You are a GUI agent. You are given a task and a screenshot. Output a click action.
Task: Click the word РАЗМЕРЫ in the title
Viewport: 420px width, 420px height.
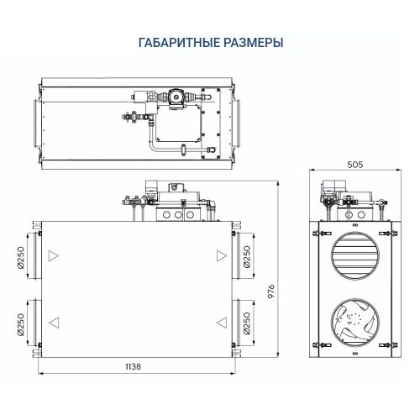coord(248,41)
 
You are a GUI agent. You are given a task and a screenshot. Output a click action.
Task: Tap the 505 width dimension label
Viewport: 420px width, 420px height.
coord(354,165)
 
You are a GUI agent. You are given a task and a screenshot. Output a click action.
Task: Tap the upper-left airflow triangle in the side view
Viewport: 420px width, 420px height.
coord(54,255)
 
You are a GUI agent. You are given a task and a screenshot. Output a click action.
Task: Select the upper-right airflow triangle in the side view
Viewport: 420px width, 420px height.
coord(220,255)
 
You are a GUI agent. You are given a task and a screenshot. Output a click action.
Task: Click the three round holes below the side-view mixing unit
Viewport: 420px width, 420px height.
coord(178,215)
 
